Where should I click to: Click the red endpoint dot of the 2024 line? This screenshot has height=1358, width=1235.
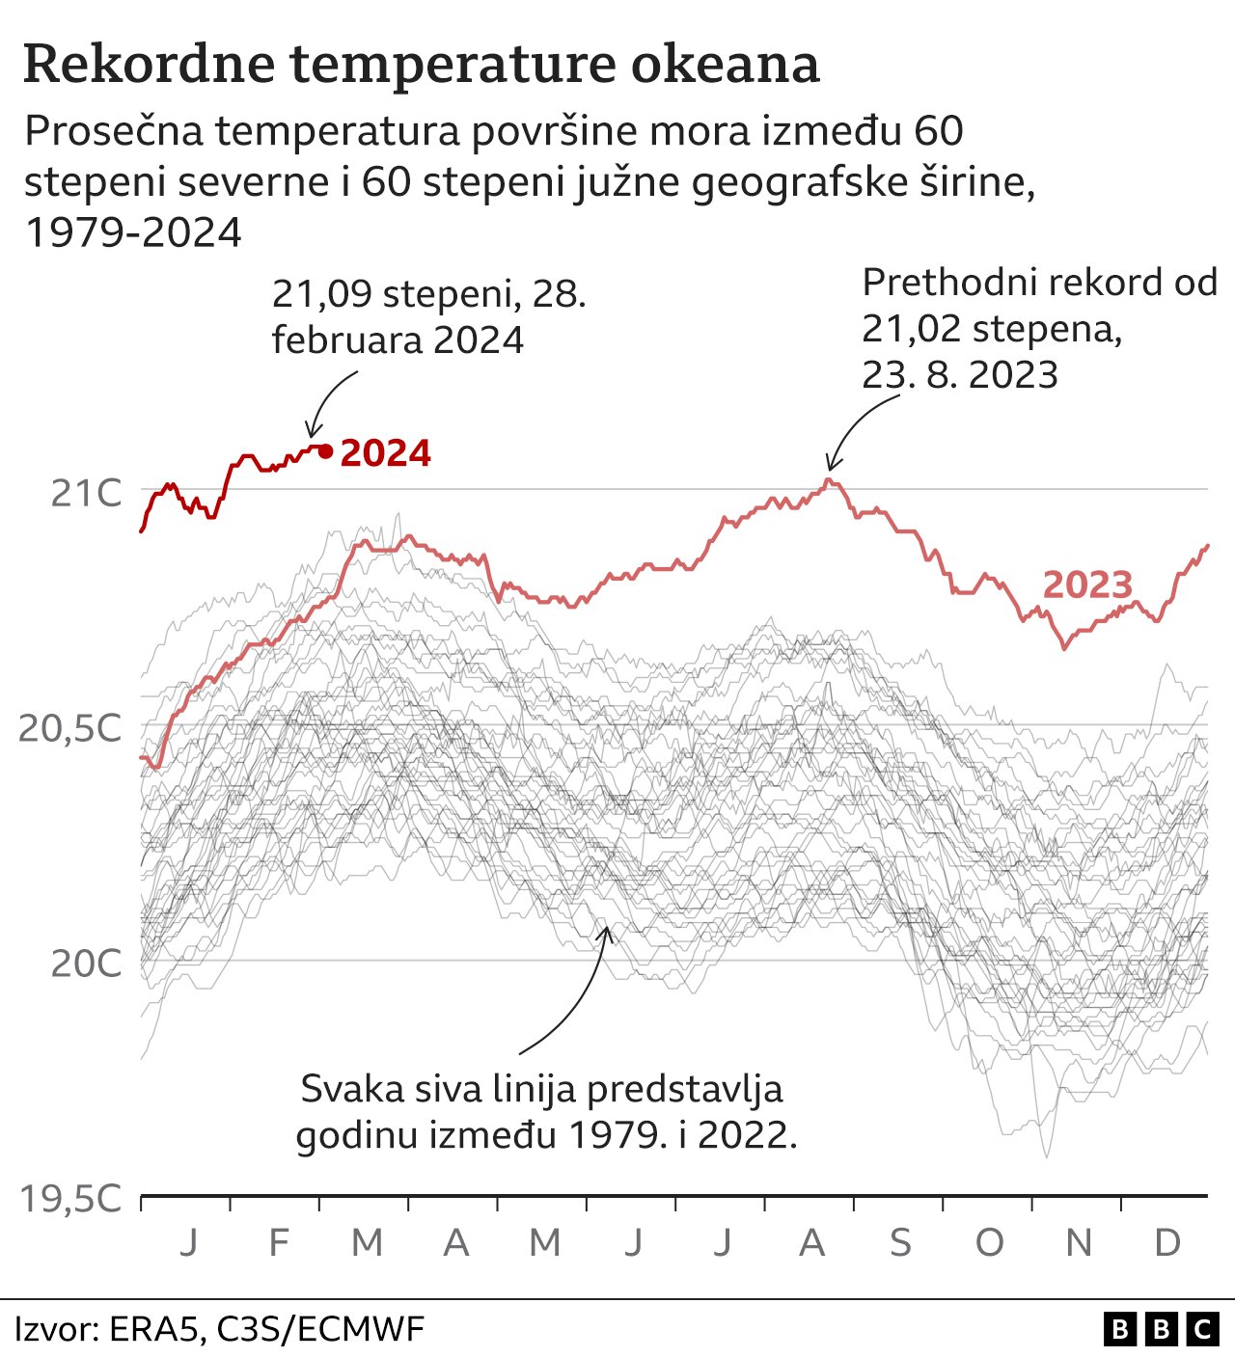coord(325,450)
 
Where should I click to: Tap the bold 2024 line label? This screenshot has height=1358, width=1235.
coord(386,453)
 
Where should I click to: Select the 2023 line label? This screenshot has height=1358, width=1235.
coord(1087,584)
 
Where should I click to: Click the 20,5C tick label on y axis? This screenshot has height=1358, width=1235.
coord(71,728)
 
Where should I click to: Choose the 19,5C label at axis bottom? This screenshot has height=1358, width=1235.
coord(71,1199)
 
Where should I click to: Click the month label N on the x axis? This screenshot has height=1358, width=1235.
coord(1078,1242)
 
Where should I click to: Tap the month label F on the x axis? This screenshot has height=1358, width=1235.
coord(278,1242)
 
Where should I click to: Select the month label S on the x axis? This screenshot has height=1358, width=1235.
coord(899,1242)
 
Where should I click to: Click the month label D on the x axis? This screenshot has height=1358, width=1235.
coord(1166,1242)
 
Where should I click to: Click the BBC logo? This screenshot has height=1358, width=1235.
coord(1161,1330)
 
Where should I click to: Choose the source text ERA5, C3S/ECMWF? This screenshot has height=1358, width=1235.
coord(266,1330)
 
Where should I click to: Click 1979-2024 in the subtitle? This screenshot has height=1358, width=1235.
coord(133,232)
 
